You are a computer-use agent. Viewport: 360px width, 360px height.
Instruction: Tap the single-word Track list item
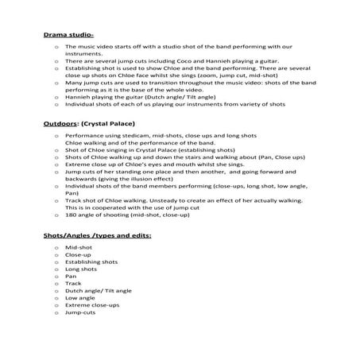pos(73,283)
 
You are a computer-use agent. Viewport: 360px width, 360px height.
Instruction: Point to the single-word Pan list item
pos(71,277)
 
